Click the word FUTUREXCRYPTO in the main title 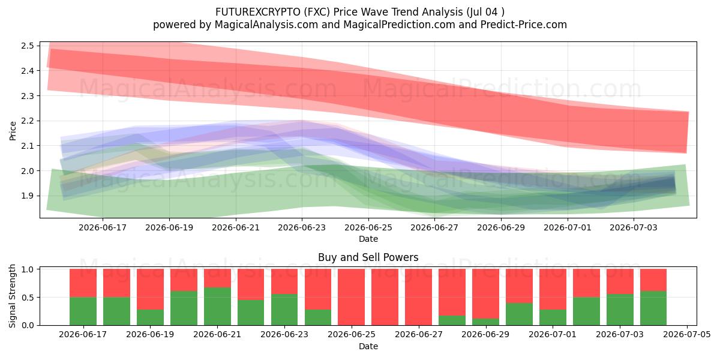tap(258, 12)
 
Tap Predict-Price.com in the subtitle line tap(524, 25)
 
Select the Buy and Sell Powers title tap(368, 257)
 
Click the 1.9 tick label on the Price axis tap(28, 196)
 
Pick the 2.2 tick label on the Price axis tap(28, 121)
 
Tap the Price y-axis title tap(13, 131)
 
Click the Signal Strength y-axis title tap(12, 296)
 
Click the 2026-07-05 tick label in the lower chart tap(687, 334)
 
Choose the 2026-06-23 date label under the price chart tap(302, 227)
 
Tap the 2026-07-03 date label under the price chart tap(634, 227)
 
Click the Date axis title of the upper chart tap(368, 239)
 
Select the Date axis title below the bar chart tap(368, 346)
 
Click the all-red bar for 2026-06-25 tap(352, 297)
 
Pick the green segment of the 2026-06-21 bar tap(217, 307)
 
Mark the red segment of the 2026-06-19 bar tap(150, 289)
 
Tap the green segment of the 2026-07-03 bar tap(620, 310)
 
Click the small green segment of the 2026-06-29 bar tap(485, 322)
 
